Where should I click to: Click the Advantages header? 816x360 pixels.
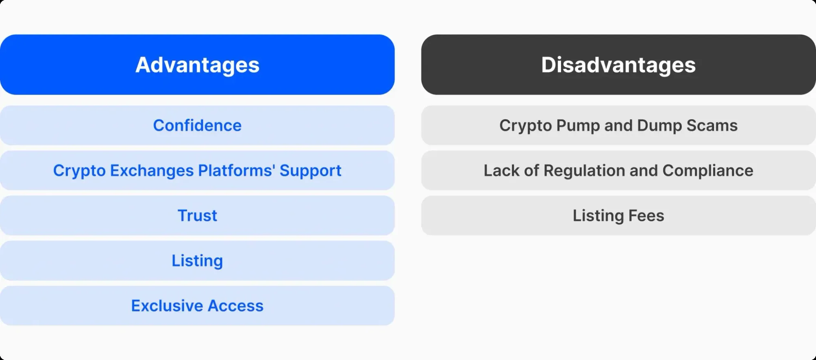(197, 65)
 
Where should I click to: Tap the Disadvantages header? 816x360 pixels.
(619, 65)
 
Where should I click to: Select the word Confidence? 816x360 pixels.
(197, 125)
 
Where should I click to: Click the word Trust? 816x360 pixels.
(197, 216)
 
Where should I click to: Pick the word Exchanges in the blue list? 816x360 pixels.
(152, 171)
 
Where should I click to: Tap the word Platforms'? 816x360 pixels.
(236, 170)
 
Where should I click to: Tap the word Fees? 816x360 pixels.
(646, 216)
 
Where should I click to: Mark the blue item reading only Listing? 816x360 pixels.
(197, 261)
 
